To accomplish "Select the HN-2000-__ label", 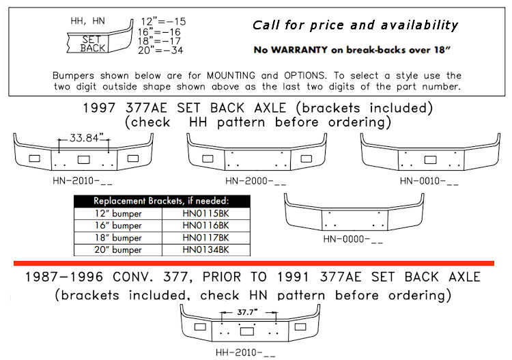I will coord(255,181).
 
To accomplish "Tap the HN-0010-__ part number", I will coord(429,181).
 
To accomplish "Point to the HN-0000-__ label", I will coord(354,240).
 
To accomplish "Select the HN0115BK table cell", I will coord(205,214).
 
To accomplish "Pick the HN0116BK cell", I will coord(205,225).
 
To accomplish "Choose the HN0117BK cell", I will coord(205,237).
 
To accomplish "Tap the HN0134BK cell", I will coord(205,249).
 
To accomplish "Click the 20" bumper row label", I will coord(117,249).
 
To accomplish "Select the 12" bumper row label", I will coord(117,214).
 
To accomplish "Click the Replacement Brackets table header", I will coord(162,202).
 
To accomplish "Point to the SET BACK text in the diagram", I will coord(93,44).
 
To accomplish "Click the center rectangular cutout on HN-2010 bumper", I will coord(85,159).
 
